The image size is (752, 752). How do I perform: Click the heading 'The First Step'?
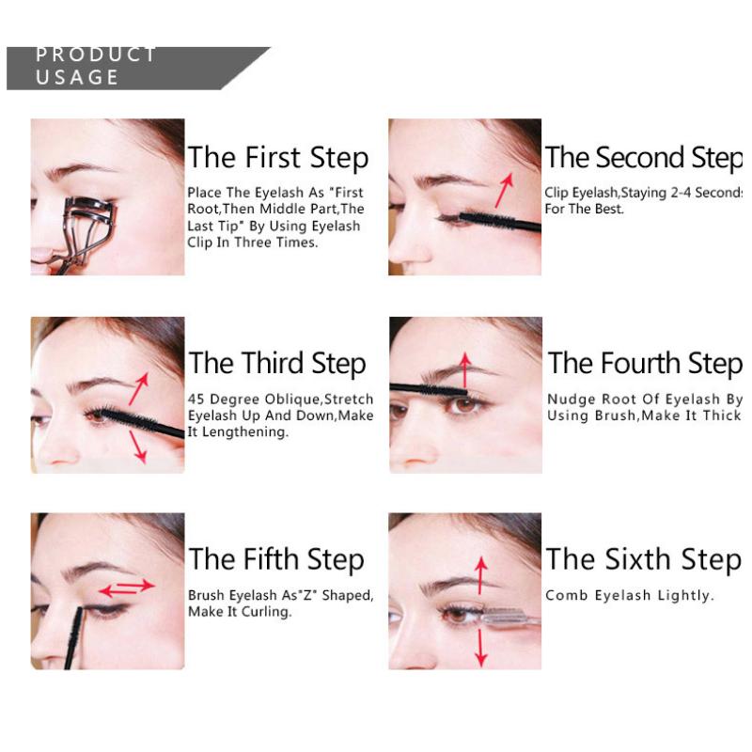[x=277, y=157]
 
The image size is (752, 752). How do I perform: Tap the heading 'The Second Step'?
[x=643, y=157]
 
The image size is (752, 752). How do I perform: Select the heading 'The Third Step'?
[x=277, y=363]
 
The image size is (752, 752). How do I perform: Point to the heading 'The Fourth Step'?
[x=645, y=363]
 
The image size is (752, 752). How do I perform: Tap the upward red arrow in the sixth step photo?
[x=480, y=573]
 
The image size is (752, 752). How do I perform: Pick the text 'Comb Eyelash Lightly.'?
[x=629, y=595]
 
